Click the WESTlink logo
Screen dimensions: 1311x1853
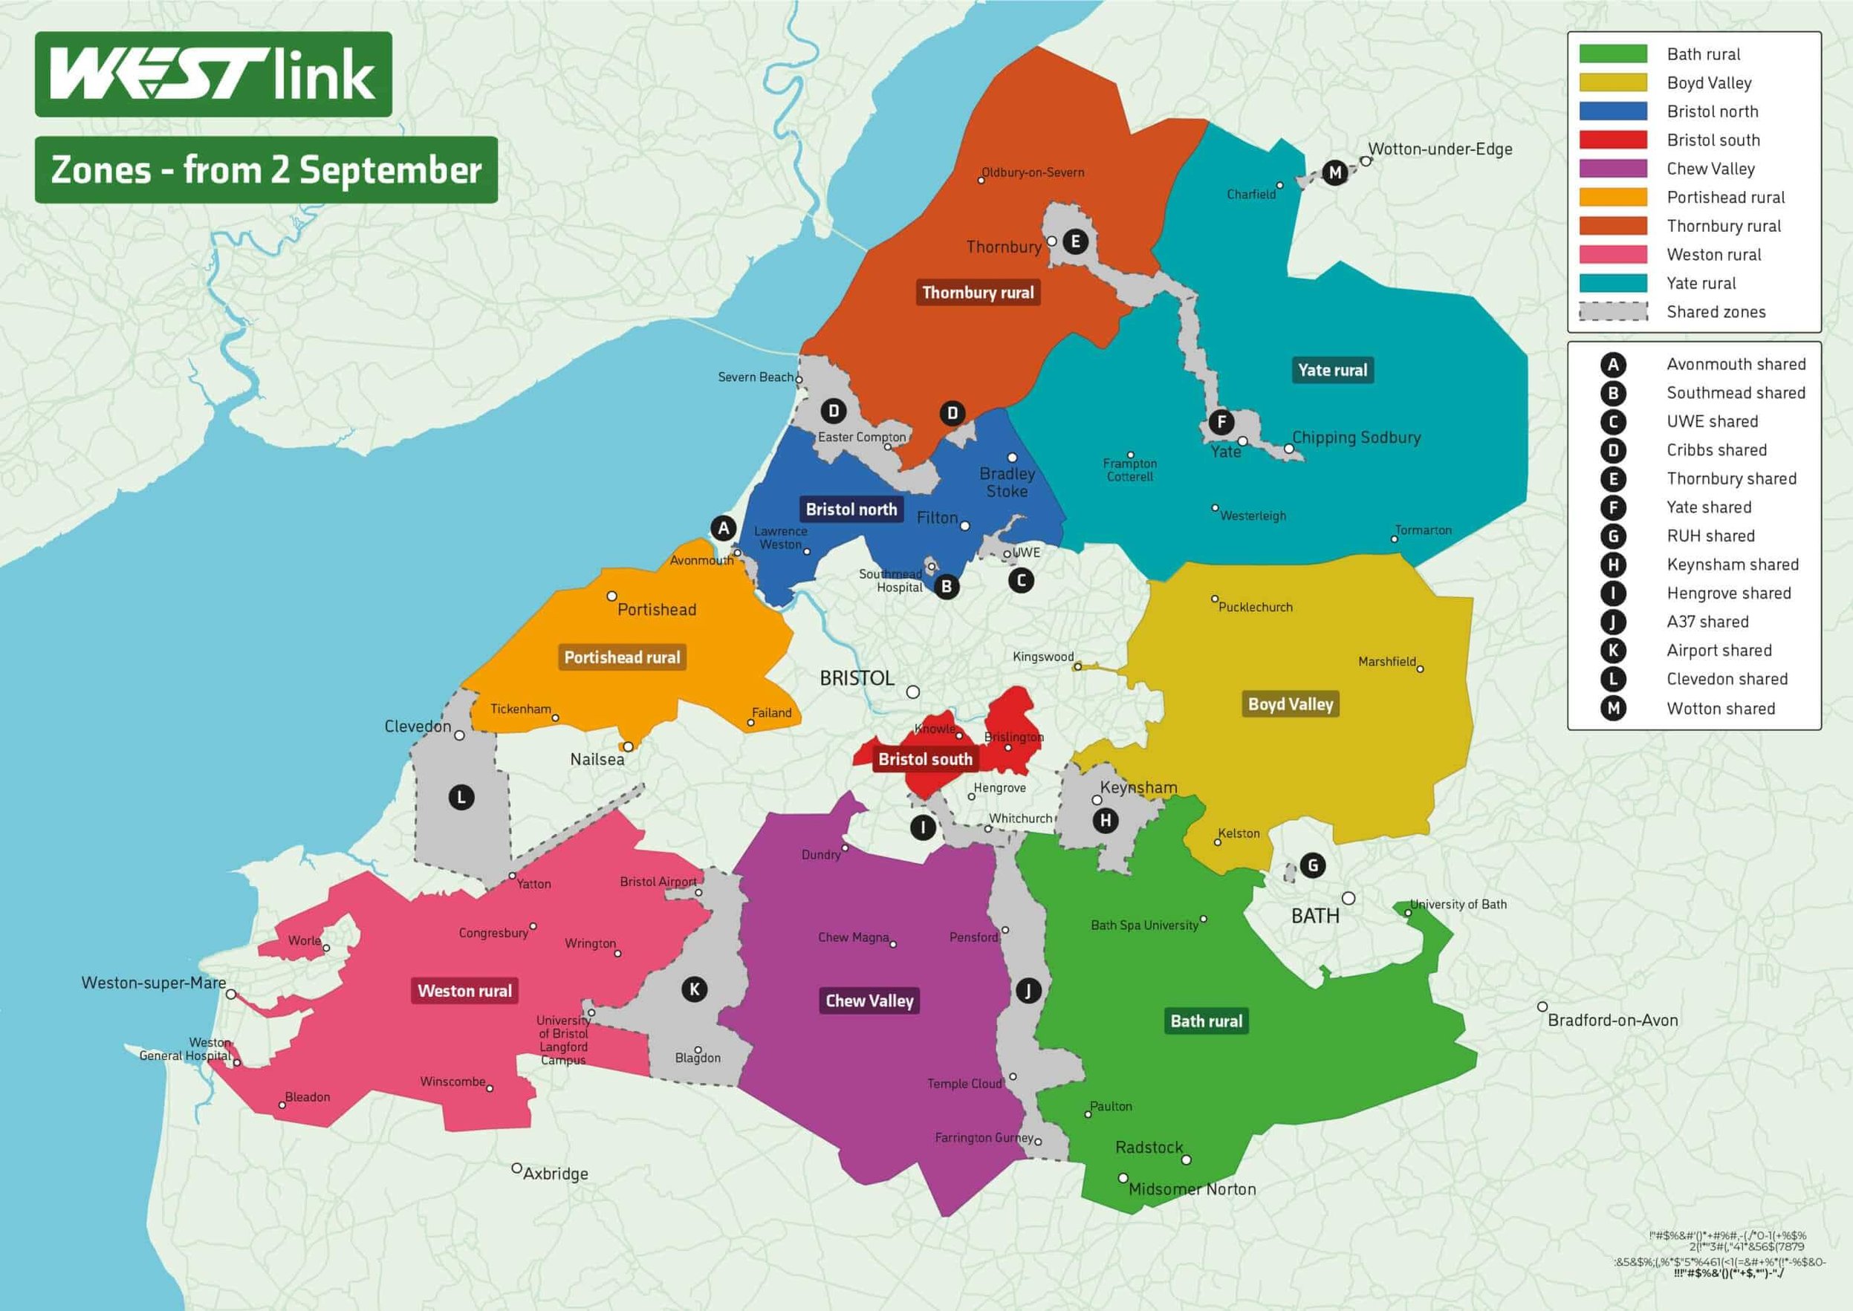[213, 74]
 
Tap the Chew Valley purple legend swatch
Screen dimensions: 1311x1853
[1612, 169]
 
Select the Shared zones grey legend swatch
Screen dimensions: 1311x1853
[1612, 312]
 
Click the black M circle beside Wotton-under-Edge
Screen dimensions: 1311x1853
[1334, 173]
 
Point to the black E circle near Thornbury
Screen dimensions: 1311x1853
[1074, 241]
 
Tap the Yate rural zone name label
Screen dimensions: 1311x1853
[1332, 371]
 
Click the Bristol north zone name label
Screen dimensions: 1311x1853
[851, 510]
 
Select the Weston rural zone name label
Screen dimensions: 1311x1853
[465, 991]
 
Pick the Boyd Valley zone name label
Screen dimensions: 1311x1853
[1291, 704]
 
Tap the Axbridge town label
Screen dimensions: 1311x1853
[556, 1174]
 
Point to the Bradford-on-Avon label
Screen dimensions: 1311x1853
[1612, 1021]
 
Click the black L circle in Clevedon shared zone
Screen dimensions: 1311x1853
[461, 798]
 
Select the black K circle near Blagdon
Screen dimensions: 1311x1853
[695, 989]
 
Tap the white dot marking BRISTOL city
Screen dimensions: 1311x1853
[912, 692]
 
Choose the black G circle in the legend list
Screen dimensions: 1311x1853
[1612, 536]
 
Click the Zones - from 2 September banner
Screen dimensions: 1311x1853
[266, 170]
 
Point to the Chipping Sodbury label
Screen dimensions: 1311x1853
[1356, 437]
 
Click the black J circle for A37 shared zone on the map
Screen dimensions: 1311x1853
[1028, 991]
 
